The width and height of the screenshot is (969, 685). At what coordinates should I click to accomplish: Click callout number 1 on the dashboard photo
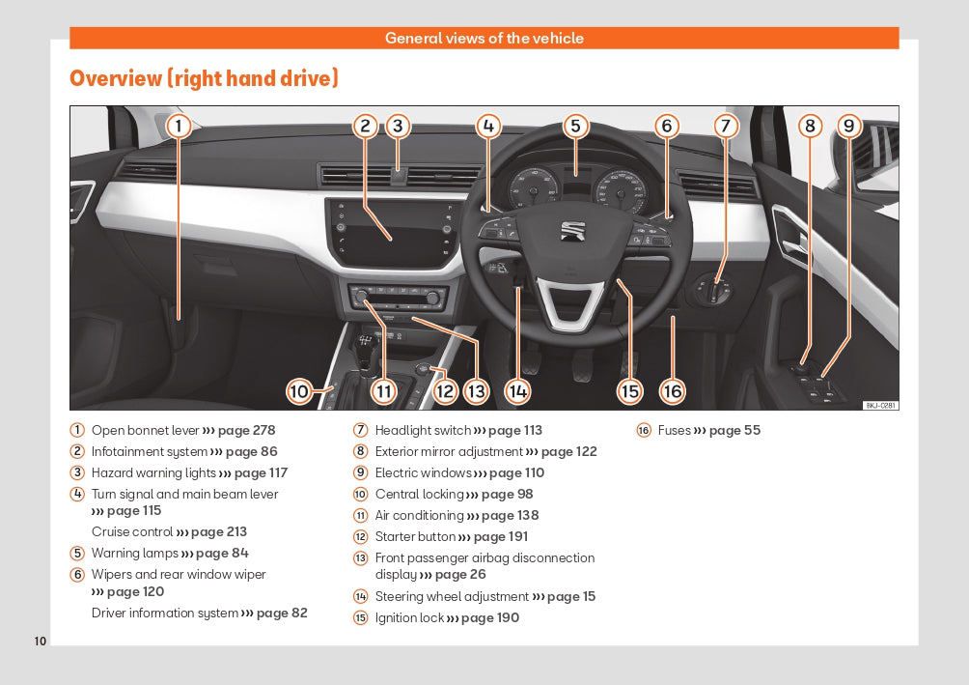pyautogui.click(x=179, y=126)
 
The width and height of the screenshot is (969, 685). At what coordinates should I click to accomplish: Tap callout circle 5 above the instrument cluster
pyautogui.click(x=575, y=126)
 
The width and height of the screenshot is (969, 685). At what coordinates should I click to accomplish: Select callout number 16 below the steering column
pyautogui.click(x=672, y=390)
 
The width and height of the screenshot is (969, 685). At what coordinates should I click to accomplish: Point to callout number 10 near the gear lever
pyautogui.click(x=298, y=391)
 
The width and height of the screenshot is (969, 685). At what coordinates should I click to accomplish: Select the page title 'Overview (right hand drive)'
pyautogui.click(x=204, y=78)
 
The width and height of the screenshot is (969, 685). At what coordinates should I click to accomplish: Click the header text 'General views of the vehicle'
pyautogui.click(x=484, y=39)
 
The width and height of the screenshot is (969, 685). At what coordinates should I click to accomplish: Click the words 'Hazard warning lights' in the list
pyautogui.click(x=153, y=473)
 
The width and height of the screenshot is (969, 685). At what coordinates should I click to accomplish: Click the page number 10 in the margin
pyautogui.click(x=40, y=642)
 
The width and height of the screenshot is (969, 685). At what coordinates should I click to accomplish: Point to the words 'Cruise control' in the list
pyautogui.click(x=131, y=532)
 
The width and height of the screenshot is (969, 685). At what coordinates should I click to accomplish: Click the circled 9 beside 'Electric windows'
pyautogui.click(x=361, y=473)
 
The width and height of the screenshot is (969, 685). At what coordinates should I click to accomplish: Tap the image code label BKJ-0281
pyautogui.click(x=880, y=406)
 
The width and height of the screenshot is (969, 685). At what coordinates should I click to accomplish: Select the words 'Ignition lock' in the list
pyautogui.click(x=408, y=618)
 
